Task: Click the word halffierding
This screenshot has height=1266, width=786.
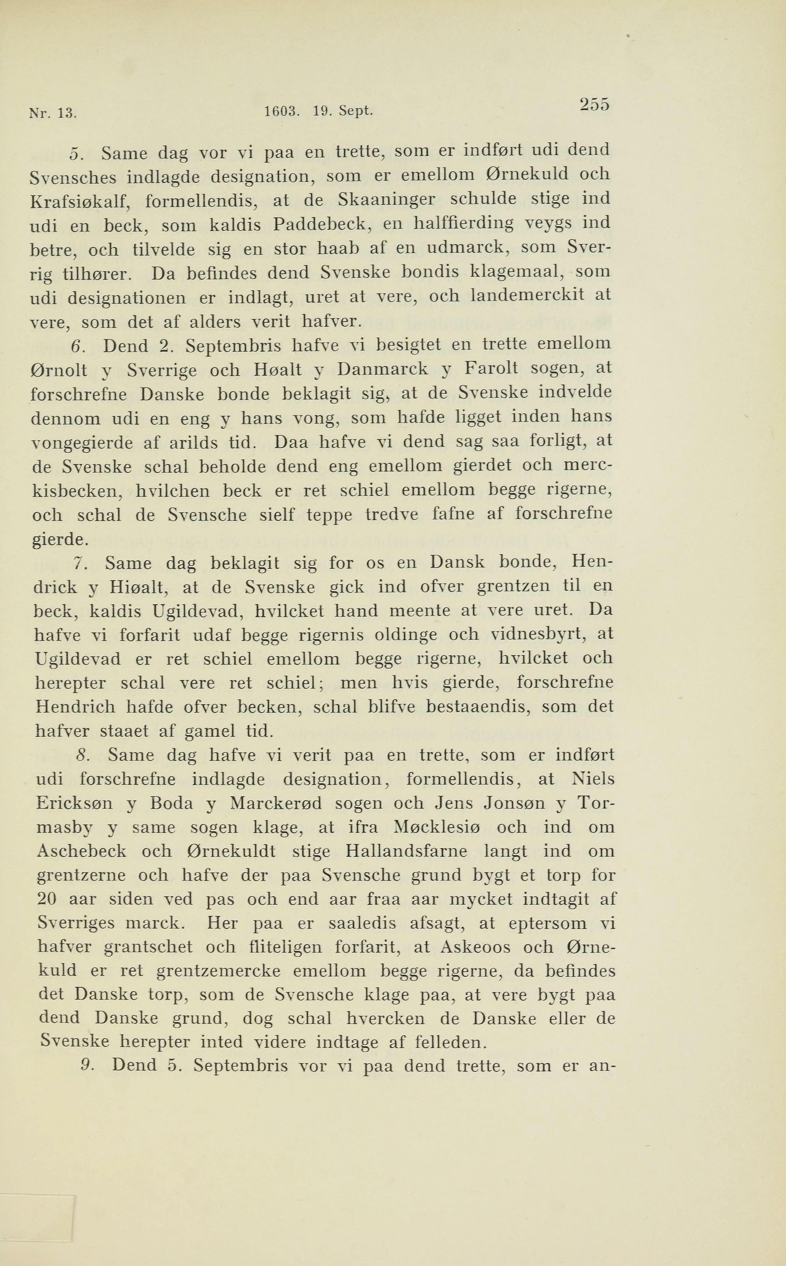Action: [x=463, y=224]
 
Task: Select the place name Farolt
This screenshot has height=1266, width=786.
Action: [x=491, y=368]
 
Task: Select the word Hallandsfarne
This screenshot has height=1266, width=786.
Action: [x=406, y=852]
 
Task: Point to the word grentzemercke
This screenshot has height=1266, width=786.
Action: [x=218, y=971]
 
